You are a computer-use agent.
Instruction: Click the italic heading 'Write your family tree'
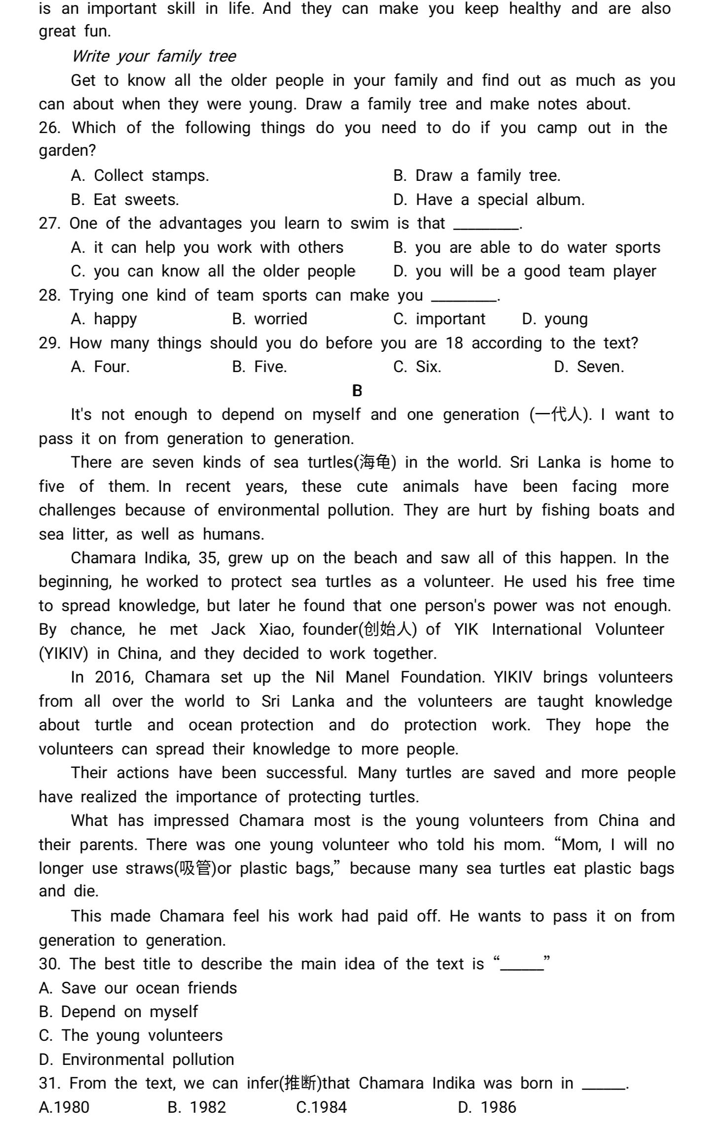[154, 56]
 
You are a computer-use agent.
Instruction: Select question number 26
[49, 128]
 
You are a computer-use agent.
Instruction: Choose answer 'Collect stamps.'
[151, 175]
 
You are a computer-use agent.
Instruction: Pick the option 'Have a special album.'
[500, 200]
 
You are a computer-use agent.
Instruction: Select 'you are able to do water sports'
[537, 247]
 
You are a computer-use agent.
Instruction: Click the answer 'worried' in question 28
[281, 319]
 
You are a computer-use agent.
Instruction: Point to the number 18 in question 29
[454, 343]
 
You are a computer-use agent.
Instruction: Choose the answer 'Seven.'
[600, 367]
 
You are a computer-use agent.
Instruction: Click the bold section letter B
[357, 391]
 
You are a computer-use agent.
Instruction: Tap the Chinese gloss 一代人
[559, 414]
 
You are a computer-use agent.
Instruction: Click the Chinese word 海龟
[375, 462]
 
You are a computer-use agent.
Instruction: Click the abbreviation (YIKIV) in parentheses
[63, 653]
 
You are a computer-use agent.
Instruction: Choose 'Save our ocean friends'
[149, 988]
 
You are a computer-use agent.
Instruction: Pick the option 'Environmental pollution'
[148, 1060]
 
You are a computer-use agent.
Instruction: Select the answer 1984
[327, 1107]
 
